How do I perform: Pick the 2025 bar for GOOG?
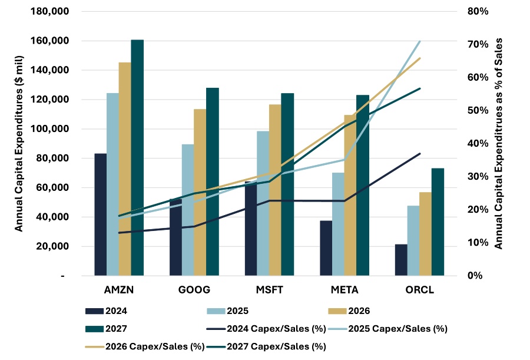tap(187, 210)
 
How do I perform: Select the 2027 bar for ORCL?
tap(438, 222)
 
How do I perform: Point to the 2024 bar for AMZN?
tap(100, 214)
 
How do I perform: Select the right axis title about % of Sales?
tap(499, 144)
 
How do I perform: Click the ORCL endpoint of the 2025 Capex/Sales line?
tap(436, 41)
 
